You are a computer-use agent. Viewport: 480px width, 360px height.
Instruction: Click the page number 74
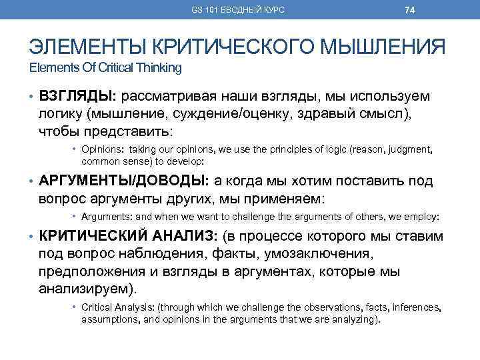[410, 10]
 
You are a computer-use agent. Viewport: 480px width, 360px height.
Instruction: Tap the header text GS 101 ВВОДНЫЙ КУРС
[238, 10]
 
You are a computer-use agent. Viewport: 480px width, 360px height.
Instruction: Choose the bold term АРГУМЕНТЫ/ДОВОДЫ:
[125, 181]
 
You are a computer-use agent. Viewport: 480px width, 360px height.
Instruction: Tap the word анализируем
[87, 289]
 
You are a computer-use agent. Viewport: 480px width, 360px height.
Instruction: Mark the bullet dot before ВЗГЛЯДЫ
[31, 98]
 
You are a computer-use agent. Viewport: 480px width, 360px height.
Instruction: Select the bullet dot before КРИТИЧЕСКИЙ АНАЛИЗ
[31, 237]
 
